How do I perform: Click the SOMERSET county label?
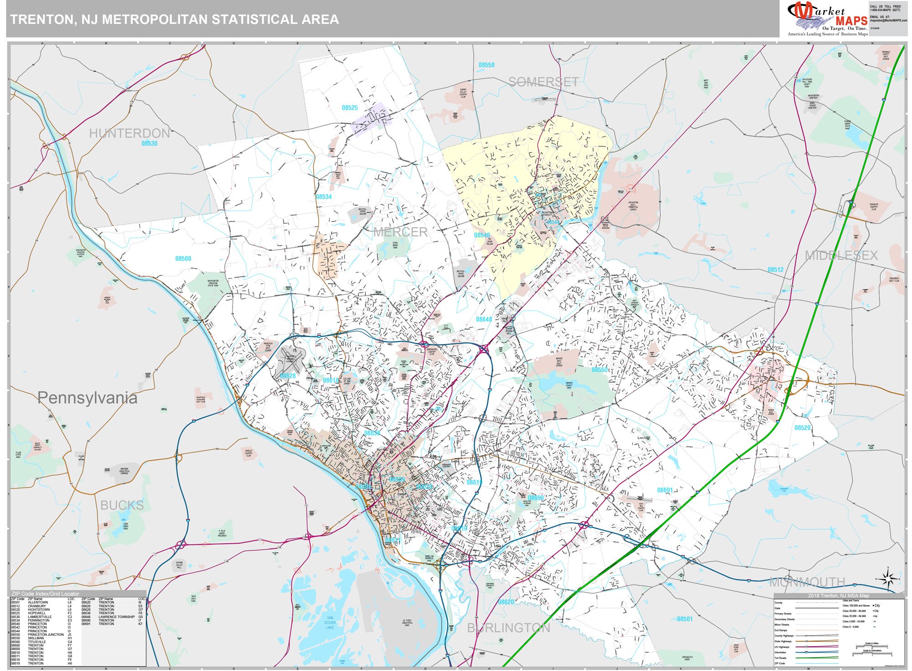point(543,82)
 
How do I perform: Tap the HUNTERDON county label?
point(129,133)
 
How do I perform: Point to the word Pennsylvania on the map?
point(87,398)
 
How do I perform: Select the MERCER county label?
point(400,232)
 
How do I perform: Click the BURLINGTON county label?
point(508,628)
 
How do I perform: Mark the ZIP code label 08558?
point(486,65)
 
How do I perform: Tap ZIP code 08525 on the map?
point(350,108)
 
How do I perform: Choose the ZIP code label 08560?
point(183,259)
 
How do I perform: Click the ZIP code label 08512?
point(775,270)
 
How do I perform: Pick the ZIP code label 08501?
point(684,619)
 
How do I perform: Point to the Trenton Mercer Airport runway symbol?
point(290,359)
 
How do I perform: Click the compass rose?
point(887,579)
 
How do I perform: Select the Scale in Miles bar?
point(871,646)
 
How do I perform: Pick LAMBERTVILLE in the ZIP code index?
point(40,617)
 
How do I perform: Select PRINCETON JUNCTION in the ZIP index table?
point(46,635)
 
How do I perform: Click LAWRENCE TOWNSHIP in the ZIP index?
point(116,617)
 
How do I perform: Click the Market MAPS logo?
point(828,19)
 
